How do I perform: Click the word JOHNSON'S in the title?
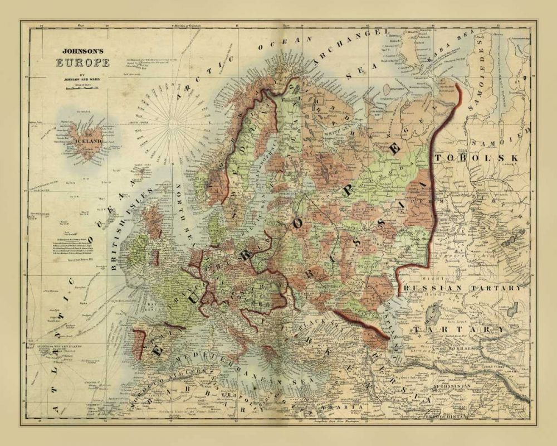coord(81,49)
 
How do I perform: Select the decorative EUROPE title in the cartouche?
coord(82,61)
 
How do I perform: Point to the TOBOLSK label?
coord(479,158)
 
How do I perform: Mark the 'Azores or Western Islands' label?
coord(51,347)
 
